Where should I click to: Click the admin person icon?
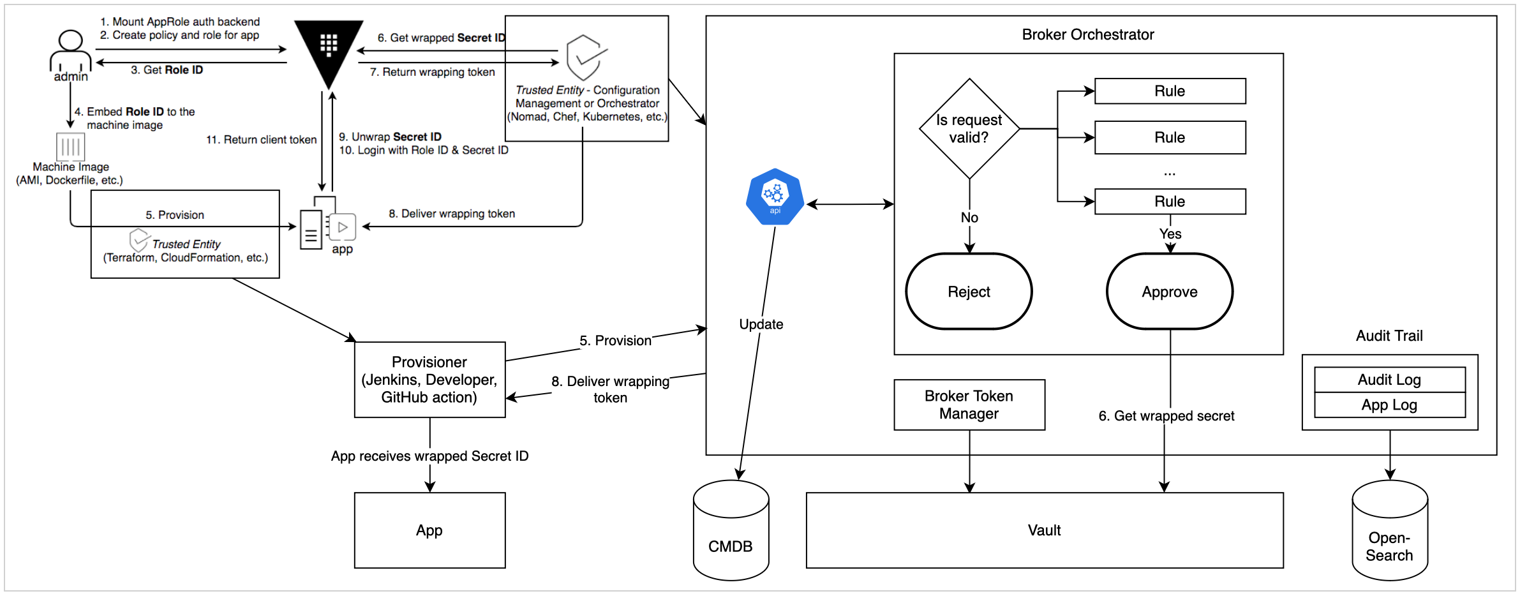70,51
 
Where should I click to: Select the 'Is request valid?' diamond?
969,129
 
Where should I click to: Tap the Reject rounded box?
969,292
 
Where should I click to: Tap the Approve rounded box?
1169,292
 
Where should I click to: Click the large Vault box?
1044,530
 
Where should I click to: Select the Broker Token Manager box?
969,405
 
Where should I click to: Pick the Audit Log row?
1389,380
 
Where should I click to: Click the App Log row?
1389,405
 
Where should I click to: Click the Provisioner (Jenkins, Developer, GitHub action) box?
429,380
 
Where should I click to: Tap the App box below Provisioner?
429,530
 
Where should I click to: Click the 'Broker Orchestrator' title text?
1087,34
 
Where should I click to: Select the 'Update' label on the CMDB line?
761,324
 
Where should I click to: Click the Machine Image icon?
70,146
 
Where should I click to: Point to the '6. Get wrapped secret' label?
1166,416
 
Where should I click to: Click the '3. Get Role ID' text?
167,70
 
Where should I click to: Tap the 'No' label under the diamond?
969,218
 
